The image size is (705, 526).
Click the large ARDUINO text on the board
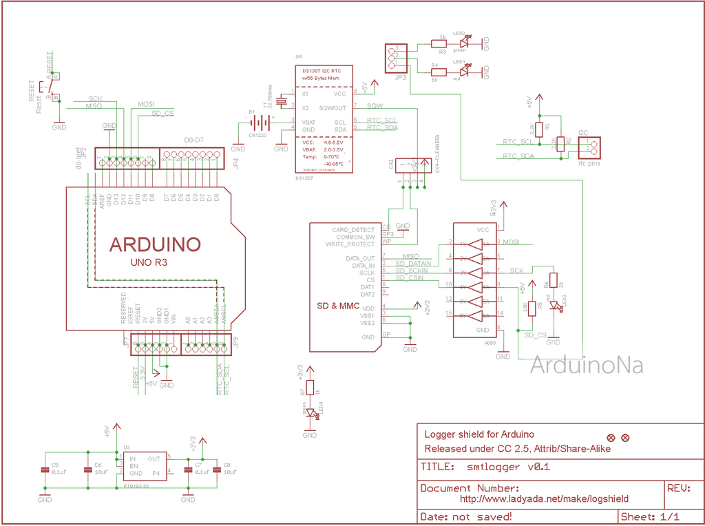pos(155,244)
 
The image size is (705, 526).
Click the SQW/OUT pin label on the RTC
pos(333,107)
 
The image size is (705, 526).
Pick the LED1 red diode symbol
pos(463,70)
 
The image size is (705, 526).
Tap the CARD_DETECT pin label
pos(354,229)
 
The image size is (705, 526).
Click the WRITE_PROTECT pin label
pos(350,244)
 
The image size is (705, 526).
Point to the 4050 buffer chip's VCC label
pos(483,230)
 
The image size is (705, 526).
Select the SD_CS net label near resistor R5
pos(535,335)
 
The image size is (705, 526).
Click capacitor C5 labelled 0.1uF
pos(45,470)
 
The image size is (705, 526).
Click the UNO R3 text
pos(149,263)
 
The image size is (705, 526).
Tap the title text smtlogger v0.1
pos(506,467)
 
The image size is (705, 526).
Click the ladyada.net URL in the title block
pos(544,498)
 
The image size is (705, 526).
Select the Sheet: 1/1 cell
pos(650,516)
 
